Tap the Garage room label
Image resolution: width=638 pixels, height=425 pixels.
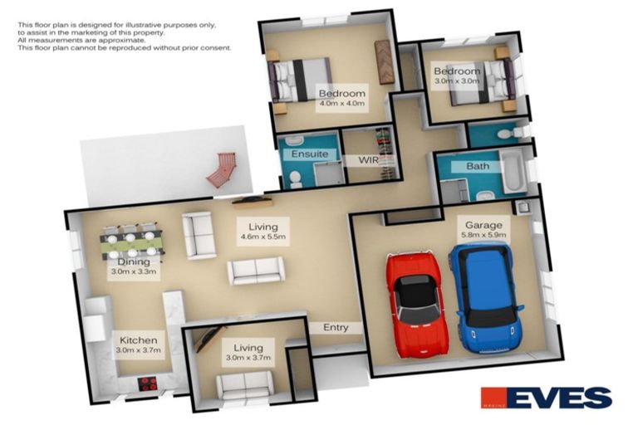click(481, 225)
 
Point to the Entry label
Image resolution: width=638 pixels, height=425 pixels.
click(336, 327)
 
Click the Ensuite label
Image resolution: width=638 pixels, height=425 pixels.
click(309, 154)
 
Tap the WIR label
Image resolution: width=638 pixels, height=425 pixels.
click(368, 159)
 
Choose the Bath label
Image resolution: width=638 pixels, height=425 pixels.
click(477, 166)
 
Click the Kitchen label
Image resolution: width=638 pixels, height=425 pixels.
click(138, 340)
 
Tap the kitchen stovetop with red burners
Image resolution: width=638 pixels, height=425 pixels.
click(148, 383)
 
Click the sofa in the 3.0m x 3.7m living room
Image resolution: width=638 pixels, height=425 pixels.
click(244, 384)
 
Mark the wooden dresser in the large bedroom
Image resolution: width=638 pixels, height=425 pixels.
click(384, 61)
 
